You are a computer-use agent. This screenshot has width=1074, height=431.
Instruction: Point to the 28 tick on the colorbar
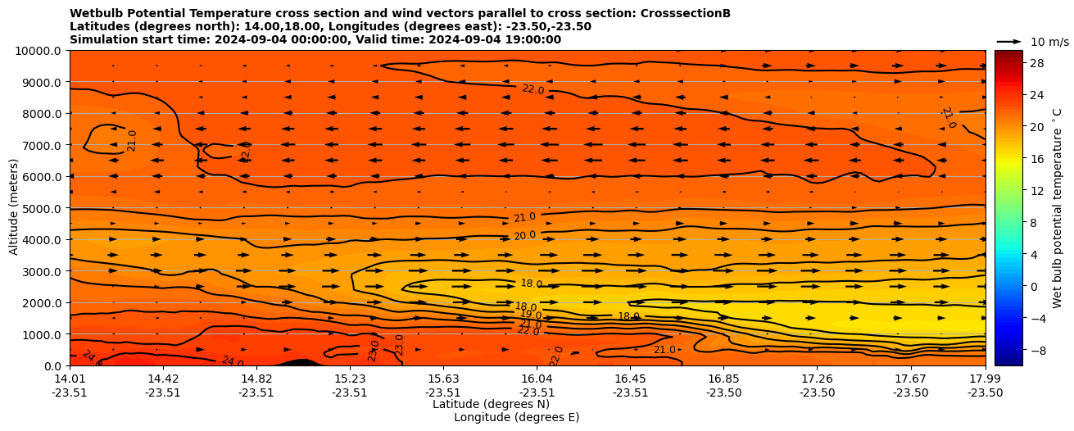(x=1036, y=64)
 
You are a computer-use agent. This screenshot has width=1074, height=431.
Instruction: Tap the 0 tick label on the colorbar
(x=1033, y=286)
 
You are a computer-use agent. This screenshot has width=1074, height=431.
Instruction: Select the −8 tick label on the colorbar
(x=1036, y=350)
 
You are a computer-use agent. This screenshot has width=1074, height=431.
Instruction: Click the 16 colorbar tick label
(x=1036, y=159)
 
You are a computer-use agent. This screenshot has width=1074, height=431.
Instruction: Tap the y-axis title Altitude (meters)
(x=14, y=208)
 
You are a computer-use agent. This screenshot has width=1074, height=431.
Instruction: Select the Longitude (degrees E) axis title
(x=516, y=417)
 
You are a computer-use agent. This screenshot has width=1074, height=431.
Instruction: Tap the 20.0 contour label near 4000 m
(x=525, y=236)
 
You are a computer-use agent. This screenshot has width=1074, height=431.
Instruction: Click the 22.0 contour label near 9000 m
(x=533, y=89)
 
